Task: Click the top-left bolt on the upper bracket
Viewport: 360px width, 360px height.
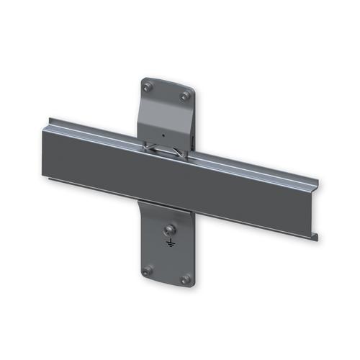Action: (149, 87)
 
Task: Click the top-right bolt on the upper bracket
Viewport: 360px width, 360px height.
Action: (185, 95)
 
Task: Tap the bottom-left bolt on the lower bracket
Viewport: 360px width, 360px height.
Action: (148, 271)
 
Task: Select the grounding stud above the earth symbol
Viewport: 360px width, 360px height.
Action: (170, 230)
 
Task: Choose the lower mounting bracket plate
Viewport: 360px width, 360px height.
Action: (166, 252)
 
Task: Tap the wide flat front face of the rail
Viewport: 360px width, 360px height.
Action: (180, 180)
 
